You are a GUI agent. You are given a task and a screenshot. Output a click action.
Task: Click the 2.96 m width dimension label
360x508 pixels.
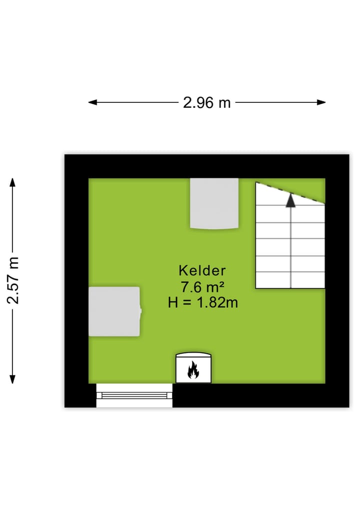206,102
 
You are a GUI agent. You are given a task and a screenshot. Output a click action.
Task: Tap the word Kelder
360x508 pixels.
202,271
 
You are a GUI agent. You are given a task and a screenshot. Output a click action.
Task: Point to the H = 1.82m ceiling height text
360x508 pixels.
202,302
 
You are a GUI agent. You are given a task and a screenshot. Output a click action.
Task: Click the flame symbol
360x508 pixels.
193,371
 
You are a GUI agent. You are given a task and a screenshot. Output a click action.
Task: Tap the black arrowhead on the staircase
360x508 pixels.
290,201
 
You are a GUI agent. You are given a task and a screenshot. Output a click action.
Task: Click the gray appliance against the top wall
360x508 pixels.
214,203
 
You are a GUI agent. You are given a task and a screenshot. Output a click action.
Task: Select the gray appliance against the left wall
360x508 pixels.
114,311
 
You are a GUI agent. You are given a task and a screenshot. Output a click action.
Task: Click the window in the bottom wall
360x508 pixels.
134,395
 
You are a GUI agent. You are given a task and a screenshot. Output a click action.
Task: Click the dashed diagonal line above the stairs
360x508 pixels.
290,193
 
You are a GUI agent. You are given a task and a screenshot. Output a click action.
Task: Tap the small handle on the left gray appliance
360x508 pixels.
140,311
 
